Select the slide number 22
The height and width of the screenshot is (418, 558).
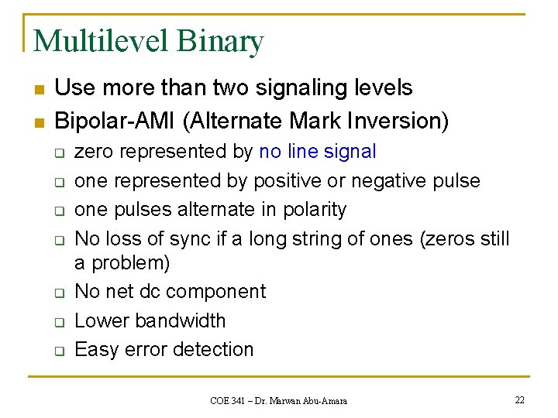(x=519, y=399)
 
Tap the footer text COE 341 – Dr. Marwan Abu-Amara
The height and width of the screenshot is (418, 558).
(x=278, y=400)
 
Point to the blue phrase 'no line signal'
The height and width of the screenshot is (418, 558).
(x=318, y=152)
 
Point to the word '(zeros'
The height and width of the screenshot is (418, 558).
(x=445, y=239)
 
